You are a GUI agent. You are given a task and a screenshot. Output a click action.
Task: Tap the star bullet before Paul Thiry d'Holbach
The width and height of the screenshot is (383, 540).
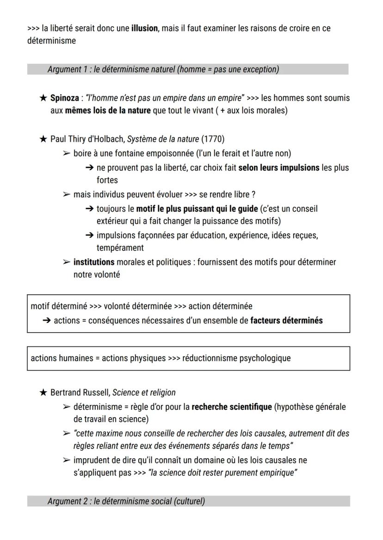point(43,140)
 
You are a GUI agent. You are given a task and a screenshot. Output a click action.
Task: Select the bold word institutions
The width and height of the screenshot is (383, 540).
point(94,262)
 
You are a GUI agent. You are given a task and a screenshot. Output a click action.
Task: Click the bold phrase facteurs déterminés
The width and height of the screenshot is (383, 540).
point(286,320)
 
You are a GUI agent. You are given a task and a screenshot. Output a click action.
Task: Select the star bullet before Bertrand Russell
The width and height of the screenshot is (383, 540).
point(43,393)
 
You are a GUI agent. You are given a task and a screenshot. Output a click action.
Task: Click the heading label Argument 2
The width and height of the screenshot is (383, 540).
point(68,501)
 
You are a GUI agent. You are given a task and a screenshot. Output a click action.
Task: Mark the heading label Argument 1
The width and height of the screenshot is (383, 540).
point(68,69)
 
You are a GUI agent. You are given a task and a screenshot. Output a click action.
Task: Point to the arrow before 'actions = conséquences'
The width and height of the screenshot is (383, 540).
point(46,320)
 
